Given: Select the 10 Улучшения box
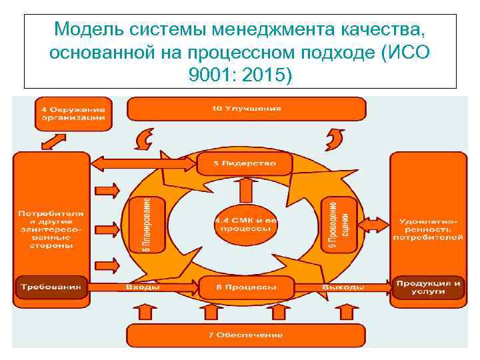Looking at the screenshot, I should pos(246,108).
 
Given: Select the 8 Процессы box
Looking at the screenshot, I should pos(246,287).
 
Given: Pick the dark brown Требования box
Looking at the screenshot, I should pos(51,287).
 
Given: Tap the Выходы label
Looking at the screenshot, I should pos(343,287).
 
